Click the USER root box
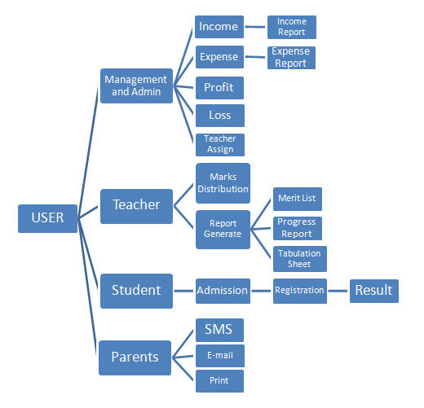point(48,218)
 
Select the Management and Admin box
point(136,86)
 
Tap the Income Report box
point(292,27)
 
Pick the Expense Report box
point(291,58)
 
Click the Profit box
point(219,88)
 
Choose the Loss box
point(220,116)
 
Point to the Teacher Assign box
point(220,145)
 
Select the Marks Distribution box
point(223,183)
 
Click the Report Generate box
point(223,230)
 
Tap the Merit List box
point(298,199)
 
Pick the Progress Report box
point(298,228)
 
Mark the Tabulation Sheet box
point(300,259)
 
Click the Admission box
point(223,291)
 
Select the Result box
point(374,291)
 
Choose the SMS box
point(219,330)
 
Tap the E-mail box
point(220,356)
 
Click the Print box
point(219,381)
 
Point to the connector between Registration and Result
point(338,291)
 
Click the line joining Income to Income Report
point(255,27)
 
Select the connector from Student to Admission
point(183,291)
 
